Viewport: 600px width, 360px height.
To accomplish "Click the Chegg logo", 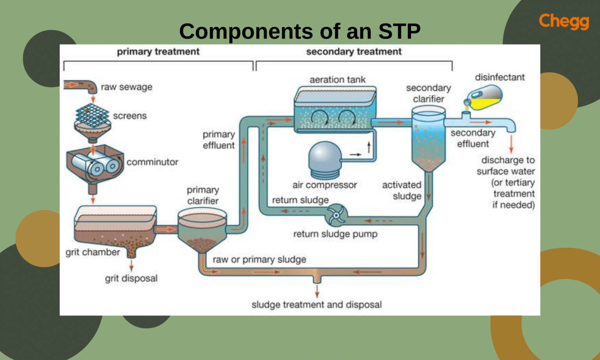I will point(564,21).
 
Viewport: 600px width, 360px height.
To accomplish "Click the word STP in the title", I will point(399,31).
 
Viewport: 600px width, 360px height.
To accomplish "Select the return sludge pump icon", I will point(336,215).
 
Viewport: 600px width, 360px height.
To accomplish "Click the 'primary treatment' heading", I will point(158,52).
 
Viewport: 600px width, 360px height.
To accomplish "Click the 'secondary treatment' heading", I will point(354,52).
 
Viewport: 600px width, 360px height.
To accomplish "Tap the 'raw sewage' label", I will point(127,87).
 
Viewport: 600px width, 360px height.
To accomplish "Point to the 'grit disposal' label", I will point(131,278).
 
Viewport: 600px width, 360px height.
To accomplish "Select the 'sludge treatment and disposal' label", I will point(316,305).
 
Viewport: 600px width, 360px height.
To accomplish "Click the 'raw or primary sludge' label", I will point(259,260).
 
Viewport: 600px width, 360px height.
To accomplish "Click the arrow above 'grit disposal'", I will point(131,266).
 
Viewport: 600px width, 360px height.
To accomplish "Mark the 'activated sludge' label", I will point(402,191).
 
